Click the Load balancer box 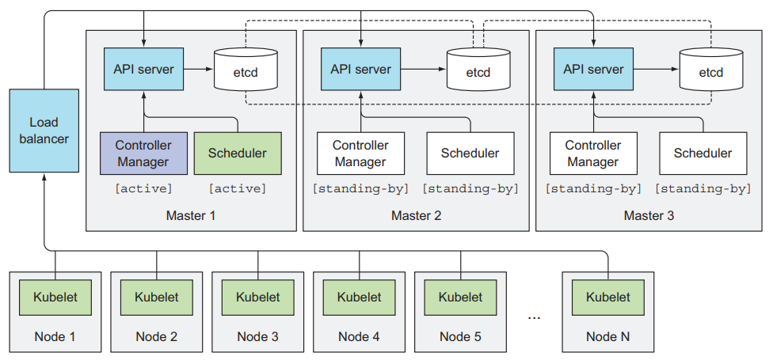[44, 131]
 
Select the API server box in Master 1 [143, 69]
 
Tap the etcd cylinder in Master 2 [478, 70]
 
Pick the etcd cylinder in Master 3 [711, 70]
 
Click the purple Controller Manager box [143, 154]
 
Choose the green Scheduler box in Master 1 [238, 154]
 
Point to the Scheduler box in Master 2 [470, 154]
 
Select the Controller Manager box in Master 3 [593, 154]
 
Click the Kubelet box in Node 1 [55, 298]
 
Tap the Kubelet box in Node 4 [359, 298]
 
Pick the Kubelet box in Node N [607, 298]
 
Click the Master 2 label [416, 216]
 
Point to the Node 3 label [258, 337]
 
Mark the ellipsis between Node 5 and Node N [534, 317]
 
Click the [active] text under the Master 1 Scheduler [238, 188]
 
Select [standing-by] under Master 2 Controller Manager [361, 188]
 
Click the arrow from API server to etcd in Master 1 [199, 69]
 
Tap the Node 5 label [460, 337]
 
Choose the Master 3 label [649, 216]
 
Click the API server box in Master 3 [593, 69]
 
